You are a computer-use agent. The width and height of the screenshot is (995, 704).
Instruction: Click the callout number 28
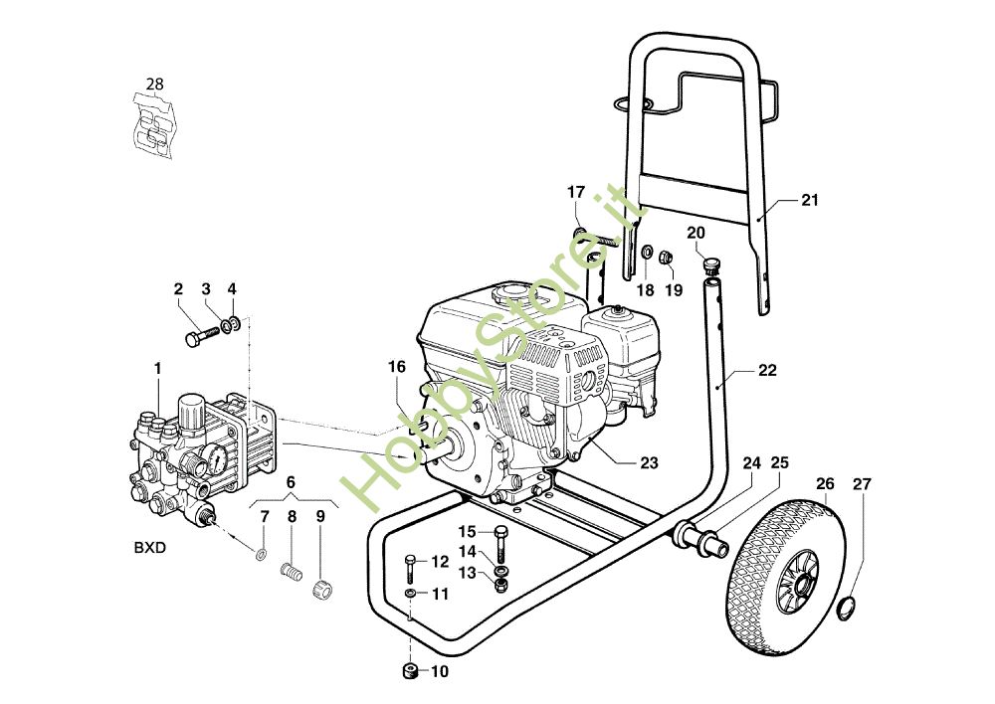point(154,84)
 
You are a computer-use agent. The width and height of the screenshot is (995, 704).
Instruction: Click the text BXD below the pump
point(150,547)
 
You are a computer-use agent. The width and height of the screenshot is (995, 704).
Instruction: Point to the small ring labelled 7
point(261,554)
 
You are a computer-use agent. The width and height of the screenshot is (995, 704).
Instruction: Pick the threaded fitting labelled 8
point(292,574)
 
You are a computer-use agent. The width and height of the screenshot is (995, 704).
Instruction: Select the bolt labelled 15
point(500,538)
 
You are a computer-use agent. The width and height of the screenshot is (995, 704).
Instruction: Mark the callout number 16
point(397,367)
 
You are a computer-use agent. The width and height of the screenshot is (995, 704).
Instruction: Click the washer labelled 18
point(645,252)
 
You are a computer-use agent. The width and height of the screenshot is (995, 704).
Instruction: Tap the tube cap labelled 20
point(711,264)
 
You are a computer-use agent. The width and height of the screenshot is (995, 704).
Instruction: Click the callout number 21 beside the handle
point(809,200)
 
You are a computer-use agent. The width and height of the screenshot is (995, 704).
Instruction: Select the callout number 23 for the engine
point(649,462)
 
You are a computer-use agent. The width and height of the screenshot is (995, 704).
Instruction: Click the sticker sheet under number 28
point(154,126)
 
